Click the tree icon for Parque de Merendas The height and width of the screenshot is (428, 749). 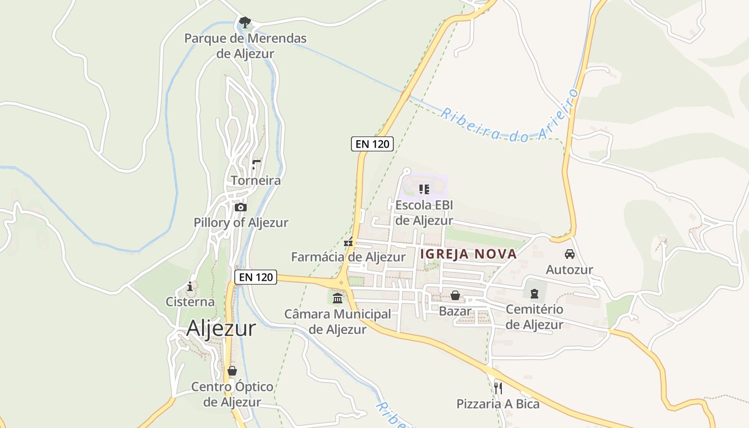[245, 22]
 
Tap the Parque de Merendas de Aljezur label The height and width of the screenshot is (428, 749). [246, 46]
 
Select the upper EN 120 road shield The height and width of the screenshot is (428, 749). [372, 143]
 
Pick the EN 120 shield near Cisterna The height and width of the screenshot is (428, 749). [256, 277]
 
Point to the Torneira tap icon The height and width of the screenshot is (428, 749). [256, 165]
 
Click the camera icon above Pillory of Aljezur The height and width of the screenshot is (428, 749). [241, 207]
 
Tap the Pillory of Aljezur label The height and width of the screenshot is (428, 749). [241, 223]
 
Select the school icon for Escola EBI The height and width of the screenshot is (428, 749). [424, 189]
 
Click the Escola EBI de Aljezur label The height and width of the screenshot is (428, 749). [424, 213]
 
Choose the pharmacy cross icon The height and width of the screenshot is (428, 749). [348, 242]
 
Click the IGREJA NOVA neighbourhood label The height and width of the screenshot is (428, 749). [469, 254]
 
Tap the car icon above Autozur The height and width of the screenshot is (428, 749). [569, 254]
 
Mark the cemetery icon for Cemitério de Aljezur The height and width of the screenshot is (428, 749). [534, 293]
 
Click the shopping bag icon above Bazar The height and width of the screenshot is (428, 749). [455, 295]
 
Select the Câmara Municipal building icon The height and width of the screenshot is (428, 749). [338, 298]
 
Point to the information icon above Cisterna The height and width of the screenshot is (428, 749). [190, 287]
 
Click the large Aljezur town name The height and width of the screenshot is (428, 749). [221, 328]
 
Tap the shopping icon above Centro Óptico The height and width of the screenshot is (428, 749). [232, 371]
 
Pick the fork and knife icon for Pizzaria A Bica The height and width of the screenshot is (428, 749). [498, 388]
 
